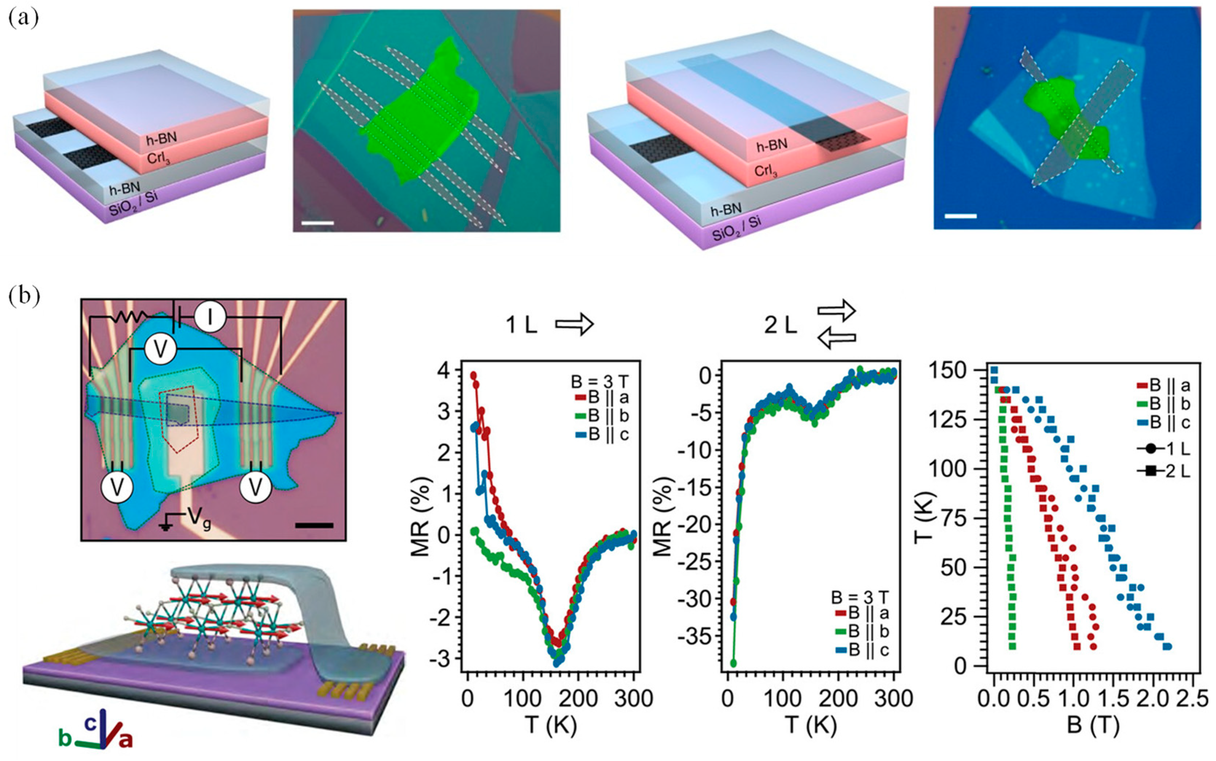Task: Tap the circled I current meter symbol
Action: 210,317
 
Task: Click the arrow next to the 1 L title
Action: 574,325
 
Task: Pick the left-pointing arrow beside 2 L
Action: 836,340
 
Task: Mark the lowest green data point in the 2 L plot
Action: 733,663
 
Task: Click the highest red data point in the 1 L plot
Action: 473,375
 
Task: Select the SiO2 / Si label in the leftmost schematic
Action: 133,203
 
